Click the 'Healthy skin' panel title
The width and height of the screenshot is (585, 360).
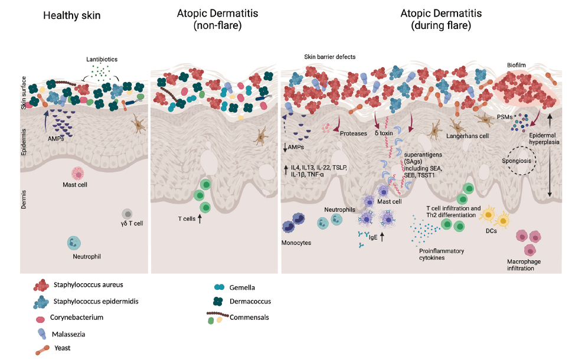coord(72,15)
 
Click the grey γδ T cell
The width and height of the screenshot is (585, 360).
coord(127,214)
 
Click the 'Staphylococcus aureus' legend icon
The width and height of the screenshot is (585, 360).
coord(41,286)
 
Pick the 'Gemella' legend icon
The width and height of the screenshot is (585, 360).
coord(219,287)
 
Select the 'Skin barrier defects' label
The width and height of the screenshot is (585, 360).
coord(329,57)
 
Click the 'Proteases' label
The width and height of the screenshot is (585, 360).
coord(354,134)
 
